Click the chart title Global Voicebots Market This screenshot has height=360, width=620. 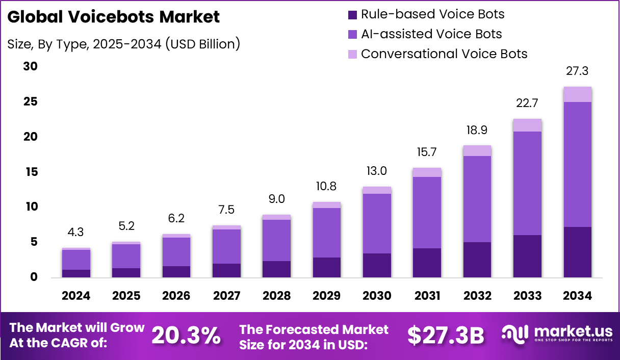click(x=114, y=17)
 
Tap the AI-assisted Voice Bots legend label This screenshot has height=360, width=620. click(x=431, y=34)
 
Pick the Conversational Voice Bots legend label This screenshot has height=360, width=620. click(x=444, y=54)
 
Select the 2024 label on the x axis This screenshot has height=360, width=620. click(x=76, y=296)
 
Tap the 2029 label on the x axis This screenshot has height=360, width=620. click(x=326, y=296)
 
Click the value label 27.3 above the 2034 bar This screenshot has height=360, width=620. click(x=577, y=71)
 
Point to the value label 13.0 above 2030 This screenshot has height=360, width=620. click(x=377, y=171)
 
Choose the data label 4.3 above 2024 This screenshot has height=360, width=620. click(x=76, y=232)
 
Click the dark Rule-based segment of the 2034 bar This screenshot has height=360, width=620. click(x=577, y=252)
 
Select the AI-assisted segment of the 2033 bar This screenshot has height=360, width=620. click(x=527, y=183)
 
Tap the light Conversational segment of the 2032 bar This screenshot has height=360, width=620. click(x=477, y=150)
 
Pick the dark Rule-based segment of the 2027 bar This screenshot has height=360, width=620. click(x=226, y=270)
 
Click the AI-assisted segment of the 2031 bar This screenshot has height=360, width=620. click(x=427, y=213)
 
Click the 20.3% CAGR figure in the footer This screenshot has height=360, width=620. click(x=186, y=335)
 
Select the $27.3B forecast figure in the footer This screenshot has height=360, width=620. click(x=446, y=335)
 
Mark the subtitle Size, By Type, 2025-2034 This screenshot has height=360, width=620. click(x=123, y=44)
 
